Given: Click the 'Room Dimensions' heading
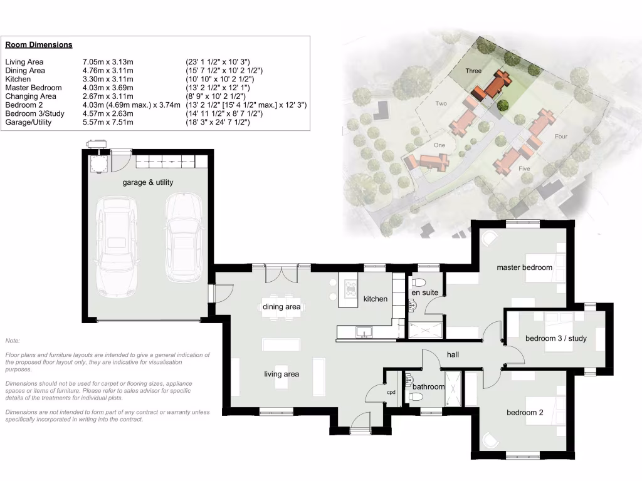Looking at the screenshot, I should (38, 45).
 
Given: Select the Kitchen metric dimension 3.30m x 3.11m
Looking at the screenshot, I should (108, 80).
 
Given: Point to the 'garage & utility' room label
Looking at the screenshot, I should (148, 182).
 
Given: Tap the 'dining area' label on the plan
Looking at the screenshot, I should (282, 307).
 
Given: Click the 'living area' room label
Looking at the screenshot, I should (282, 374).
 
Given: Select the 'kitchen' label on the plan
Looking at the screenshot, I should (376, 299).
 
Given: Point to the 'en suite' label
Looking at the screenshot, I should (424, 292).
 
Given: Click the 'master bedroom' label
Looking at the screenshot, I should (524, 267).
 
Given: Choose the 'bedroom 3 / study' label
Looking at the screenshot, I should (555, 339).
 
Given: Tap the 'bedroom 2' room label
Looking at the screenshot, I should (525, 413).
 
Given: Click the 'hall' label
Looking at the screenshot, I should (453, 355).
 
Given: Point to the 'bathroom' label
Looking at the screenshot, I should (428, 387).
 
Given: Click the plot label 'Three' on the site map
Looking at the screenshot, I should (473, 71).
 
